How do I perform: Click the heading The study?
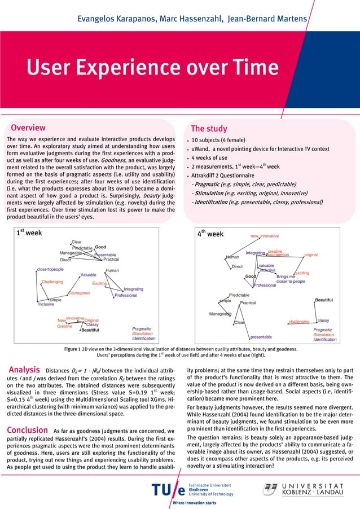click(209, 129)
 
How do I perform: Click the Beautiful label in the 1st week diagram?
click(90, 331)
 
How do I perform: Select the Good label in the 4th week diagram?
click(251, 277)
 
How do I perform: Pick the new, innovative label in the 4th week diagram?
click(265, 235)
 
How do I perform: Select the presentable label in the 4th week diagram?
click(261, 337)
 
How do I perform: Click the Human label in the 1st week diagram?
click(112, 271)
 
